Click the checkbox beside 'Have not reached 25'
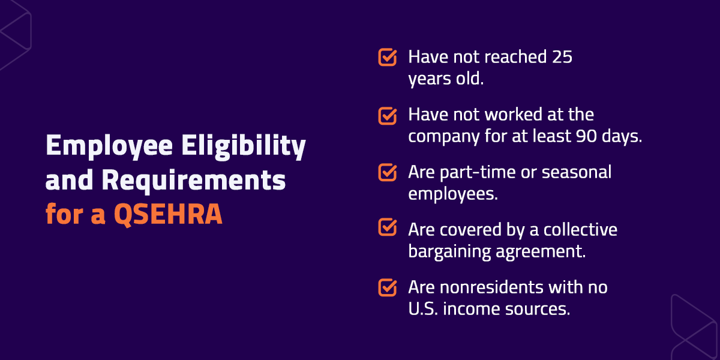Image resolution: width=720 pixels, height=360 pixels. click(x=388, y=58)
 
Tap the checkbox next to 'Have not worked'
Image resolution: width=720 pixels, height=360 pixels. click(x=388, y=115)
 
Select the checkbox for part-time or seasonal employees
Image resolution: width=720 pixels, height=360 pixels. click(x=388, y=173)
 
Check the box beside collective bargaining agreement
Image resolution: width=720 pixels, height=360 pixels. click(x=388, y=230)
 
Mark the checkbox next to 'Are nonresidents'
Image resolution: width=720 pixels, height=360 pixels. click(x=388, y=287)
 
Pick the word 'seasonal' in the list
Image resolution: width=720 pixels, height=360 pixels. click(x=577, y=173)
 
